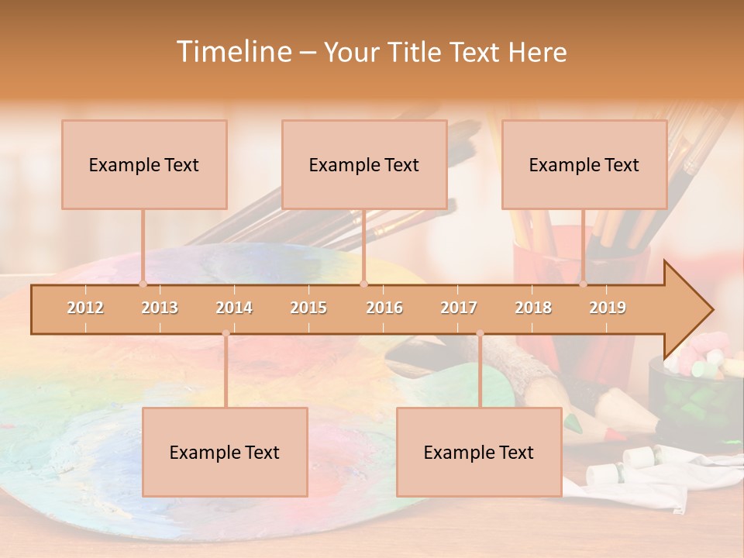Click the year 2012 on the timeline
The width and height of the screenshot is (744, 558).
point(85,308)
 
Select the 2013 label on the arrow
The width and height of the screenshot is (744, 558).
point(160,308)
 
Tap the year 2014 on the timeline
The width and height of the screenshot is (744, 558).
point(234,308)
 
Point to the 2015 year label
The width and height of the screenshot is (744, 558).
point(308,308)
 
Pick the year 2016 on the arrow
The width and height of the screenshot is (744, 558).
point(384,308)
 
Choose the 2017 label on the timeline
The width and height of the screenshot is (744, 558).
point(459,308)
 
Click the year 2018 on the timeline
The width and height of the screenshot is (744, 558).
point(533,308)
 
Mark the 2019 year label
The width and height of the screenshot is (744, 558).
point(608,308)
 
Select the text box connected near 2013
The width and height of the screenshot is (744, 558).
point(144,164)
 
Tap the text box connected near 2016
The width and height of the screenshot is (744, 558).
point(364,164)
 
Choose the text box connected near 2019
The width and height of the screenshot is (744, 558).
point(584,164)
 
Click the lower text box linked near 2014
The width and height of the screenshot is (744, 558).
point(225,452)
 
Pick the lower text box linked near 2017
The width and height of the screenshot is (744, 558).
point(479,452)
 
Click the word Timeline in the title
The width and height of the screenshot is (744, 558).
point(233,52)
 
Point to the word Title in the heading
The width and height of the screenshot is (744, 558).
point(416,52)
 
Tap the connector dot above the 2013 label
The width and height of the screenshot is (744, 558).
point(143,284)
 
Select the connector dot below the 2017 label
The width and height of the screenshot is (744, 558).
point(480,334)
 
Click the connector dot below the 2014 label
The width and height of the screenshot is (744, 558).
point(226,334)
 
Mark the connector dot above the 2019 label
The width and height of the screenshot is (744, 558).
point(584,284)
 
